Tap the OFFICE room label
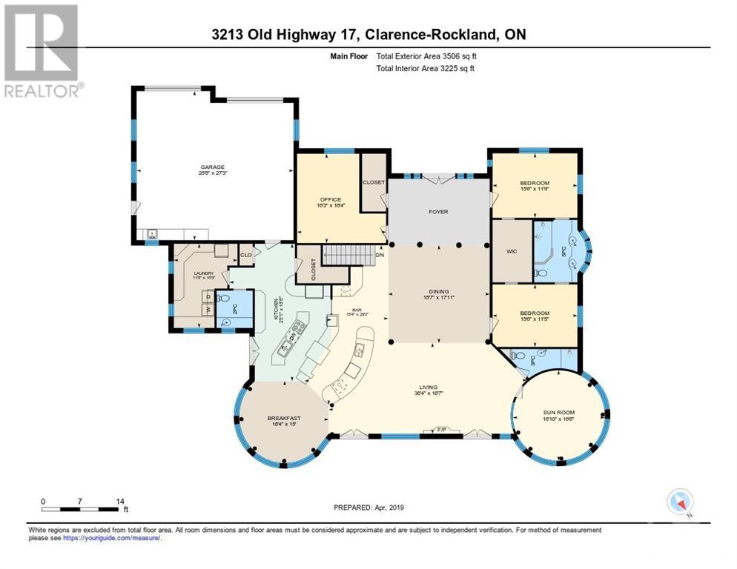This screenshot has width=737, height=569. [329, 199]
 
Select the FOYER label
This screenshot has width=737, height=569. [438, 211]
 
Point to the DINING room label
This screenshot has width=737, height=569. [438, 291]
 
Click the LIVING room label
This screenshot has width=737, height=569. [428, 387]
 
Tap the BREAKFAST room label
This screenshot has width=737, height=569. [283, 418]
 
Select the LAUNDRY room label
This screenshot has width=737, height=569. [203, 273]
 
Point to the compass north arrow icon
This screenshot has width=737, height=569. [680, 502]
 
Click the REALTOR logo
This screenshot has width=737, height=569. [42, 51]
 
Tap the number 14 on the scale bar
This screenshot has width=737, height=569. [120, 500]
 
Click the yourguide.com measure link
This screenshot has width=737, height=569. [111, 538]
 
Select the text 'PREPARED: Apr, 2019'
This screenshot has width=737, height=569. [367, 508]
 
